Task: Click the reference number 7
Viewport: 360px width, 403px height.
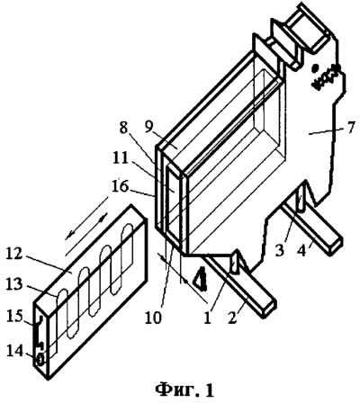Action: click(x=350, y=128)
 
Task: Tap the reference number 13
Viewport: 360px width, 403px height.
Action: click(x=13, y=284)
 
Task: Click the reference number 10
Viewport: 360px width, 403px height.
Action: click(x=153, y=318)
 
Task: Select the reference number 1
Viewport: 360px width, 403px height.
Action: click(x=207, y=318)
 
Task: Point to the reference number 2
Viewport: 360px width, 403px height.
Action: click(x=231, y=317)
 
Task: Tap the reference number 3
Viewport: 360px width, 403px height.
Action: click(x=279, y=250)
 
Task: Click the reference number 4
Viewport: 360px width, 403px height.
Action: click(x=301, y=250)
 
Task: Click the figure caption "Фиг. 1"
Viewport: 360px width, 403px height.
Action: click(x=184, y=390)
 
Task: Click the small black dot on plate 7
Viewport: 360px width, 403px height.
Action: click(x=315, y=68)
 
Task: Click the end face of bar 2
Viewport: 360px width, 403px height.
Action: click(x=269, y=309)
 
